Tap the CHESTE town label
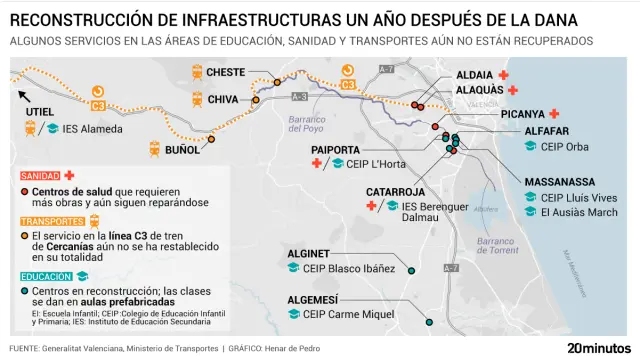coord(226,73)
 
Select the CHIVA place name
coord(222,99)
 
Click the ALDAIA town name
coord(474,75)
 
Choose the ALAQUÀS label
coord(479,90)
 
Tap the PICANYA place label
coord(522,114)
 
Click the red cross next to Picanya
coord(554,114)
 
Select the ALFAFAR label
coord(547,131)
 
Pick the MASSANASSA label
coord(561,183)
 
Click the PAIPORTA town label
coord(335,149)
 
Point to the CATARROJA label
coord(396,191)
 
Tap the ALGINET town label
coord(309,254)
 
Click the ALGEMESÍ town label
coord(313,299)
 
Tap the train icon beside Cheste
coord(196,73)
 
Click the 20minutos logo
coord(598,347)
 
